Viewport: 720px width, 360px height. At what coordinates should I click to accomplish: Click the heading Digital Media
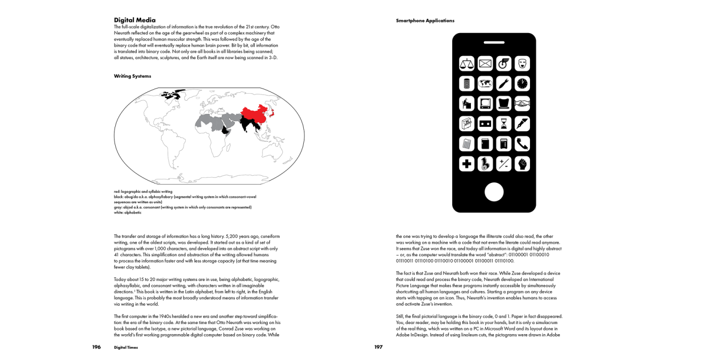pos(134,20)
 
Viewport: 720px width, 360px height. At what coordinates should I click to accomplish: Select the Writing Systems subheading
pos(132,76)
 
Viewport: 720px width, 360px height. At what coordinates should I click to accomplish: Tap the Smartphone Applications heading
pos(425,21)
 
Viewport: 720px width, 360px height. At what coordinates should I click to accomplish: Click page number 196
pos(96,347)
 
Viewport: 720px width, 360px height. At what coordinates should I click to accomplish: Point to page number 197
pos(378,347)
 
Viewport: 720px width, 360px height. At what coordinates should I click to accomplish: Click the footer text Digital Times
pos(126,348)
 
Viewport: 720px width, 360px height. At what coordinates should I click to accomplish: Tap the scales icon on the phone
pos(467,63)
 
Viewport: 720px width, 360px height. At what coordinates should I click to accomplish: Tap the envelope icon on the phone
pos(485,63)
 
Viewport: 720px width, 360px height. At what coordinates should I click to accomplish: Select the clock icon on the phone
pos(522,84)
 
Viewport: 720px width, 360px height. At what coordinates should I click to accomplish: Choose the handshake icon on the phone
pos(522,104)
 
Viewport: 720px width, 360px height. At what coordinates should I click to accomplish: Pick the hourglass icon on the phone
pos(504,124)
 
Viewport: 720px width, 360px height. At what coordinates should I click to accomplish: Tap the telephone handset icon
pos(522,144)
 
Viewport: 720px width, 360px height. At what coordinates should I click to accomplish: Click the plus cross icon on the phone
pos(467,164)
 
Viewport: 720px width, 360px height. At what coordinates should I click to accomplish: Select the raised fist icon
pos(522,164)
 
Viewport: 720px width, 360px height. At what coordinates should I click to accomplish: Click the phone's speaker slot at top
pos(494,42)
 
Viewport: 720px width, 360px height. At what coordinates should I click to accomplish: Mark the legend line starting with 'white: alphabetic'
pos(128,213)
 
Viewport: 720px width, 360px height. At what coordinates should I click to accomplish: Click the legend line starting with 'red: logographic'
pos(143,192)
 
